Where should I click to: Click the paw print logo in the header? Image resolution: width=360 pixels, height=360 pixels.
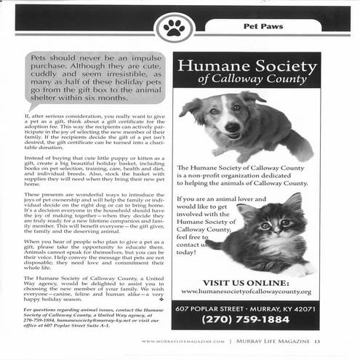coord(174,28)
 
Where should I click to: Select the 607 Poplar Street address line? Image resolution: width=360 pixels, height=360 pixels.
coord(247,308)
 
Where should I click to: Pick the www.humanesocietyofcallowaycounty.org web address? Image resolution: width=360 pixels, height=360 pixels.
coord(247,292)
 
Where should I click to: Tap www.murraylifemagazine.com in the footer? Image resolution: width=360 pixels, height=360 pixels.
coord(182,341)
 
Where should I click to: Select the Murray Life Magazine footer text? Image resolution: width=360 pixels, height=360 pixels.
coord(273,341)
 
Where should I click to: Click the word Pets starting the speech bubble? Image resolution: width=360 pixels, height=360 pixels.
coord(40,56)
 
